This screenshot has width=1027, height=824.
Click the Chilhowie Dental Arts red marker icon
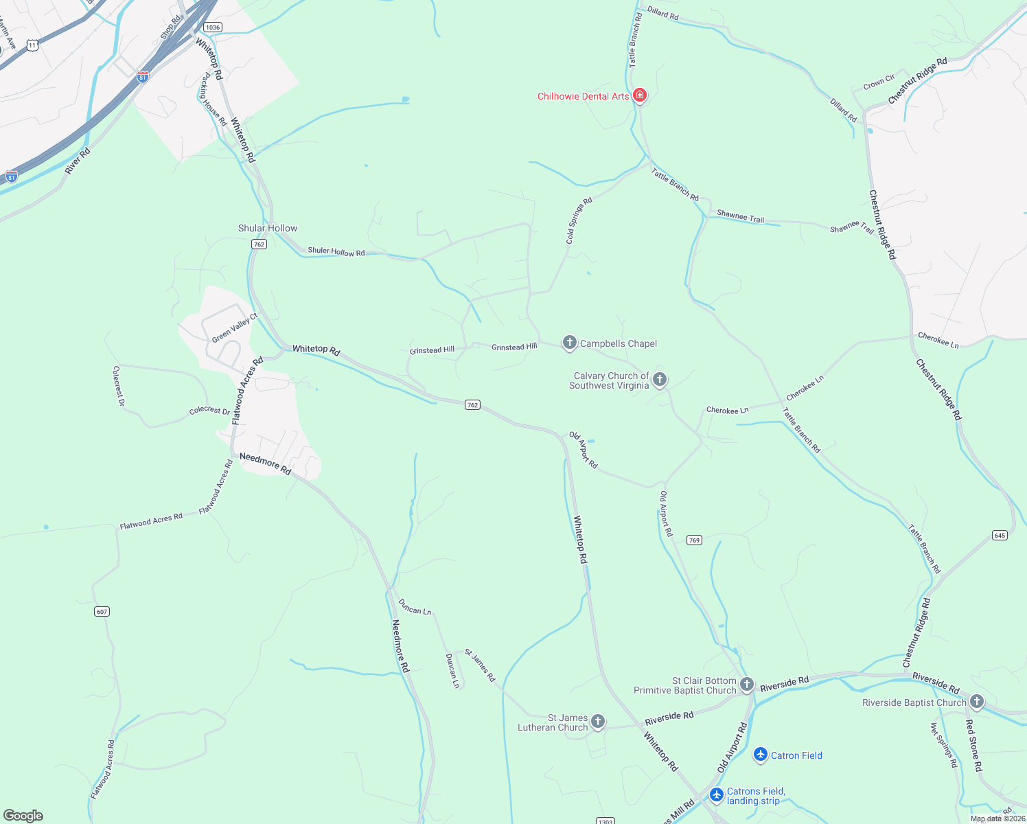pyautogui.click(x=640, y=95)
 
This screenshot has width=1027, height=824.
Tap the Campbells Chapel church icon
pyautogui.click(x=569, y=342)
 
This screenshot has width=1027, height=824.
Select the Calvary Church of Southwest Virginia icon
pyautogui.click(x=660, y=379)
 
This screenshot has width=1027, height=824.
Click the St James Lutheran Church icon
pyautogui.click(x=598, y=721)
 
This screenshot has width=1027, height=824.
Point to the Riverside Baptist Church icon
pyautogui.click(x=976, y=702)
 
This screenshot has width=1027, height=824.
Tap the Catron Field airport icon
pyautogui.click(x=760, y=755)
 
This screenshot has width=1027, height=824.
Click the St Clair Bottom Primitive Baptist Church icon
pyautogui.click(x=747, y=684)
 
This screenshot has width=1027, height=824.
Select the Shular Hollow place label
pyautogui.click(x=268, y=228)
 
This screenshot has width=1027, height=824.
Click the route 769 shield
pyautogui.click(x=694, y=540)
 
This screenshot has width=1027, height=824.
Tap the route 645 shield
pyautogui.click(x=1000, y=535)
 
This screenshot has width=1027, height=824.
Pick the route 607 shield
pyautogui.click(x=102, y=611)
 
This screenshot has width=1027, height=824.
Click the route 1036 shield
pyautogui.click(x=212, y=27)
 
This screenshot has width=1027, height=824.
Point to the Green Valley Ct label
pyautogui.click(x=234, y=328)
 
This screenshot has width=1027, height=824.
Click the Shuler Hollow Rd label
pyautogui.click(x=336, y=251)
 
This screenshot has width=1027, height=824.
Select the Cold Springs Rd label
pyautogui.click(x=579, y=221)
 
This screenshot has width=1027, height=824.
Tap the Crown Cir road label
pyautogui.click(x=879, y=82)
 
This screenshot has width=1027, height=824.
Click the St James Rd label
pyautogui.click(x=480, y=665)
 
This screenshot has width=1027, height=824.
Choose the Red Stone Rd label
pyautogui.click(x=974, y=745)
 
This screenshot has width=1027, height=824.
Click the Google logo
pyautogui.click(x=23, y=815)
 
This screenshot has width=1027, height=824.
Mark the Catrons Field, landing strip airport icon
pyautogui.click(x=717, y=795)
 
